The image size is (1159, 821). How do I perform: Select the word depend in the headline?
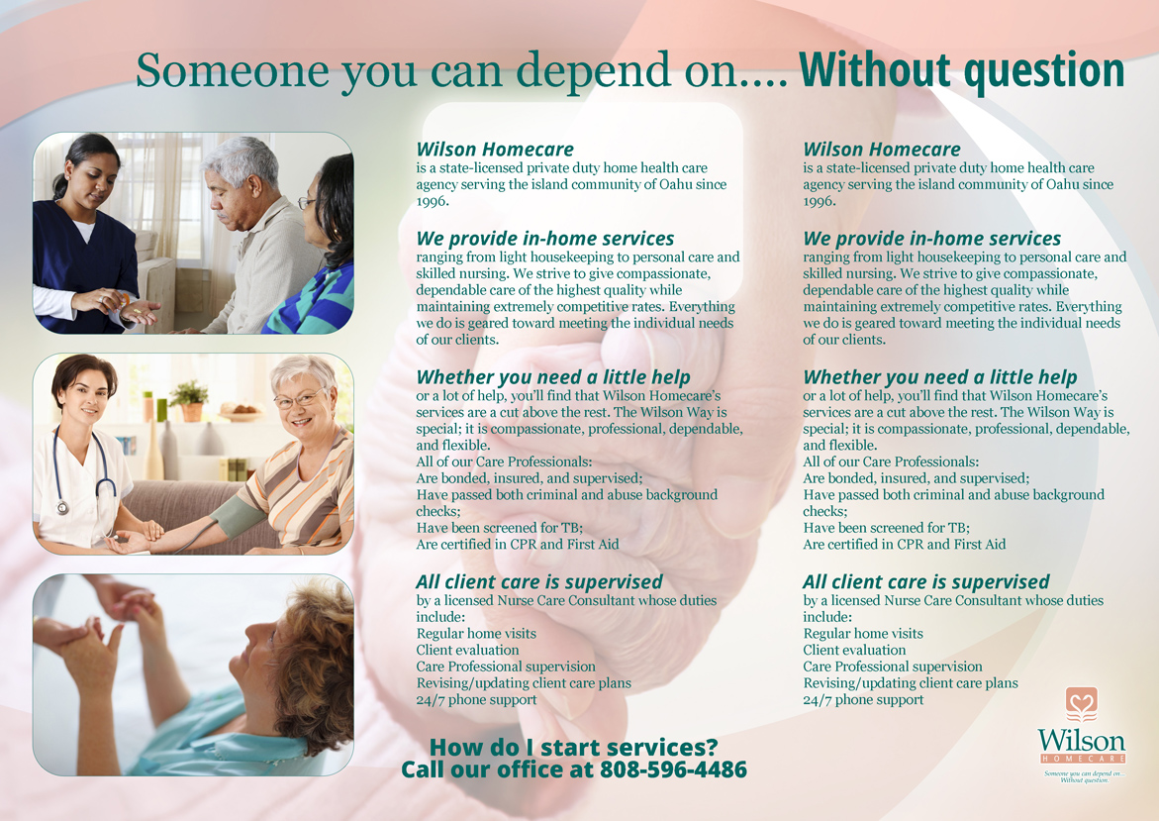coord(576,72)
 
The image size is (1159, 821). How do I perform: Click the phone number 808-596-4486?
coord(673,770)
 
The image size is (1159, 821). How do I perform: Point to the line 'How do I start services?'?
coord(573,747)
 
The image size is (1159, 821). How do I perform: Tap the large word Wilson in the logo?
coord(1081,741)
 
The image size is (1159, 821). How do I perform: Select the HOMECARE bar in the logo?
coord(1081,759)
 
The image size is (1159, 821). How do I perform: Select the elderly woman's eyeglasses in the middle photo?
coord(299,400)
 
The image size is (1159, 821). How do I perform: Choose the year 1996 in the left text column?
coord(433,201)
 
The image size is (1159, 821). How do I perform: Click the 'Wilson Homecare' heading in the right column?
coord(881,150)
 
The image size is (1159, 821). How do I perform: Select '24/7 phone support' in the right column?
coord(863,699)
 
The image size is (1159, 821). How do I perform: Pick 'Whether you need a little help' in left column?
coord(553,377)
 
